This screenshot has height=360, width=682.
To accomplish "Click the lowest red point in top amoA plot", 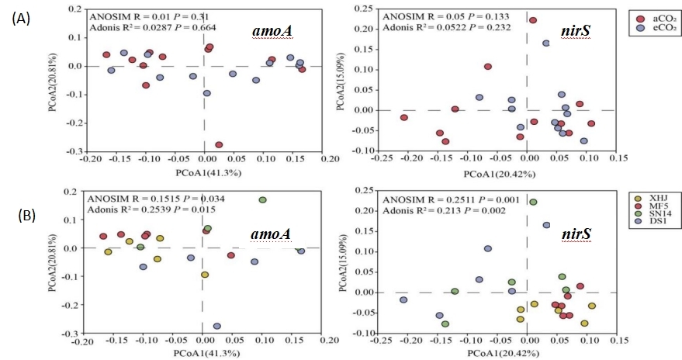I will click(x=219, y=144).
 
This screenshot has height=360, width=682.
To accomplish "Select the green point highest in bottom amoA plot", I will click(x=262, y=200).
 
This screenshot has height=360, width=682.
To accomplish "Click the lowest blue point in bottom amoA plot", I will click(x=216, y=327).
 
